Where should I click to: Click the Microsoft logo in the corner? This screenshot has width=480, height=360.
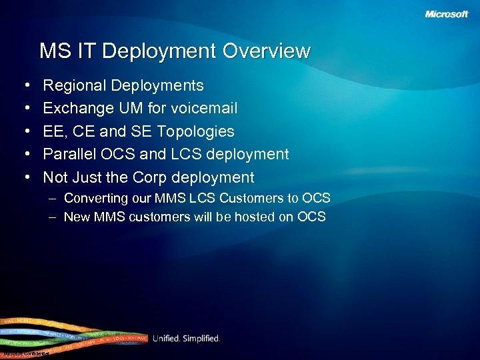click(x=447, y=14)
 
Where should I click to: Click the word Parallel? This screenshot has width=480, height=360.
click(x=68, y=155)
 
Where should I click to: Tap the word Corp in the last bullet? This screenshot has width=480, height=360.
click(x=150, y=177)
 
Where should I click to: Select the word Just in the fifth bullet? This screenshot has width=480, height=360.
click(x=89, y=177)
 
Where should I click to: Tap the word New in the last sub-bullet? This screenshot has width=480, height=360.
click(x=77, y=217)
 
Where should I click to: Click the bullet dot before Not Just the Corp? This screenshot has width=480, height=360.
click(x=26, y=178)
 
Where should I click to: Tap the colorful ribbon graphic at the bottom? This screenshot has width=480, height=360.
click(x=67, y=337)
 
